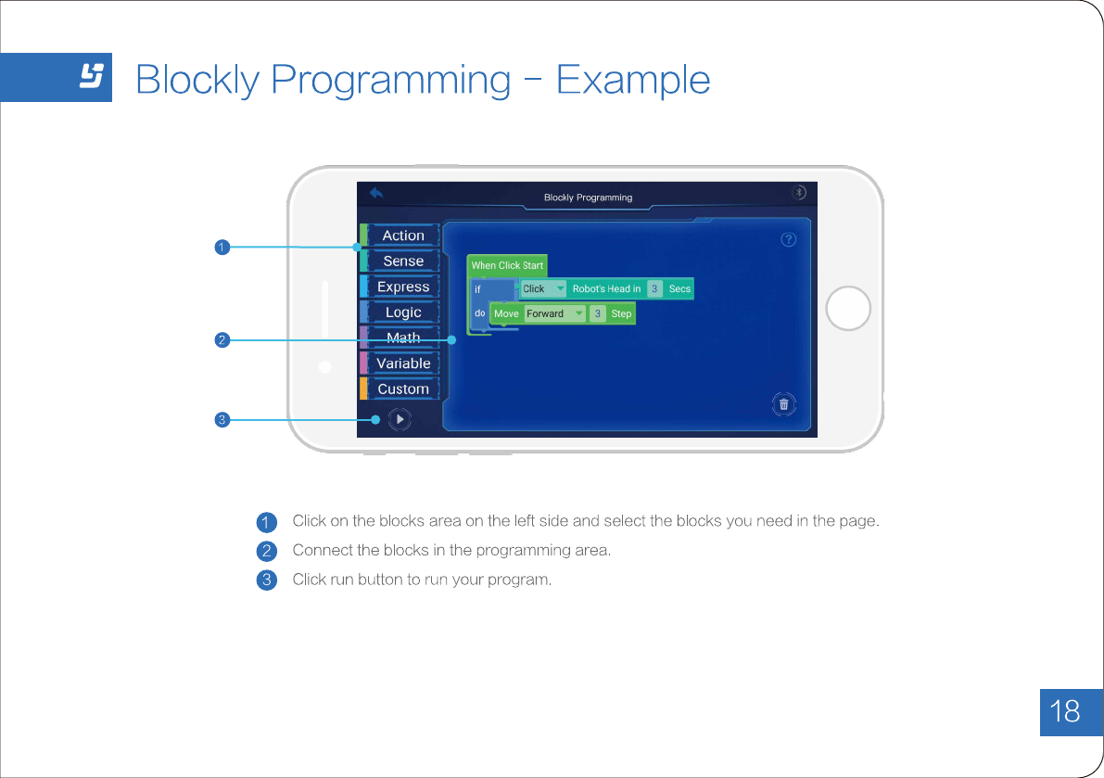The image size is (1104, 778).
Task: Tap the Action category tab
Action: coord(402,236)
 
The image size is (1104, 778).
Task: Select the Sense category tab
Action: coord(402,261)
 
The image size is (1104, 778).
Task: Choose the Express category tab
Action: coord(402,287)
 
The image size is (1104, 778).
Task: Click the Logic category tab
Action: coord(402,312)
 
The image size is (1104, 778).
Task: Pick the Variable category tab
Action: coord(402,363)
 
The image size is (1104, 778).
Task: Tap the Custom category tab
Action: coord(402,389)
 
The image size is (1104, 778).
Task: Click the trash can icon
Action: coord(784,403)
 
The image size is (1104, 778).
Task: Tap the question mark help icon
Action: coord(789,239)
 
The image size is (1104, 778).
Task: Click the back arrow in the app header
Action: coord(376,194)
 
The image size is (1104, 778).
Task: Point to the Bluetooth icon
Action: coord(799,192)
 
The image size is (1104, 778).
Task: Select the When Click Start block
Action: coord(507,265)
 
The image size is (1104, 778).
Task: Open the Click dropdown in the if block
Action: coord(543,288)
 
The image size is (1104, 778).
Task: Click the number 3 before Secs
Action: coord(654,288)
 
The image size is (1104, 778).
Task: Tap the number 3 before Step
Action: coord(598,313)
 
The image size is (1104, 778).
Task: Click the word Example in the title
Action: coord(633,81)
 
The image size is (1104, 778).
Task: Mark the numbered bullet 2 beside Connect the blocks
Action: coord(266,551)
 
